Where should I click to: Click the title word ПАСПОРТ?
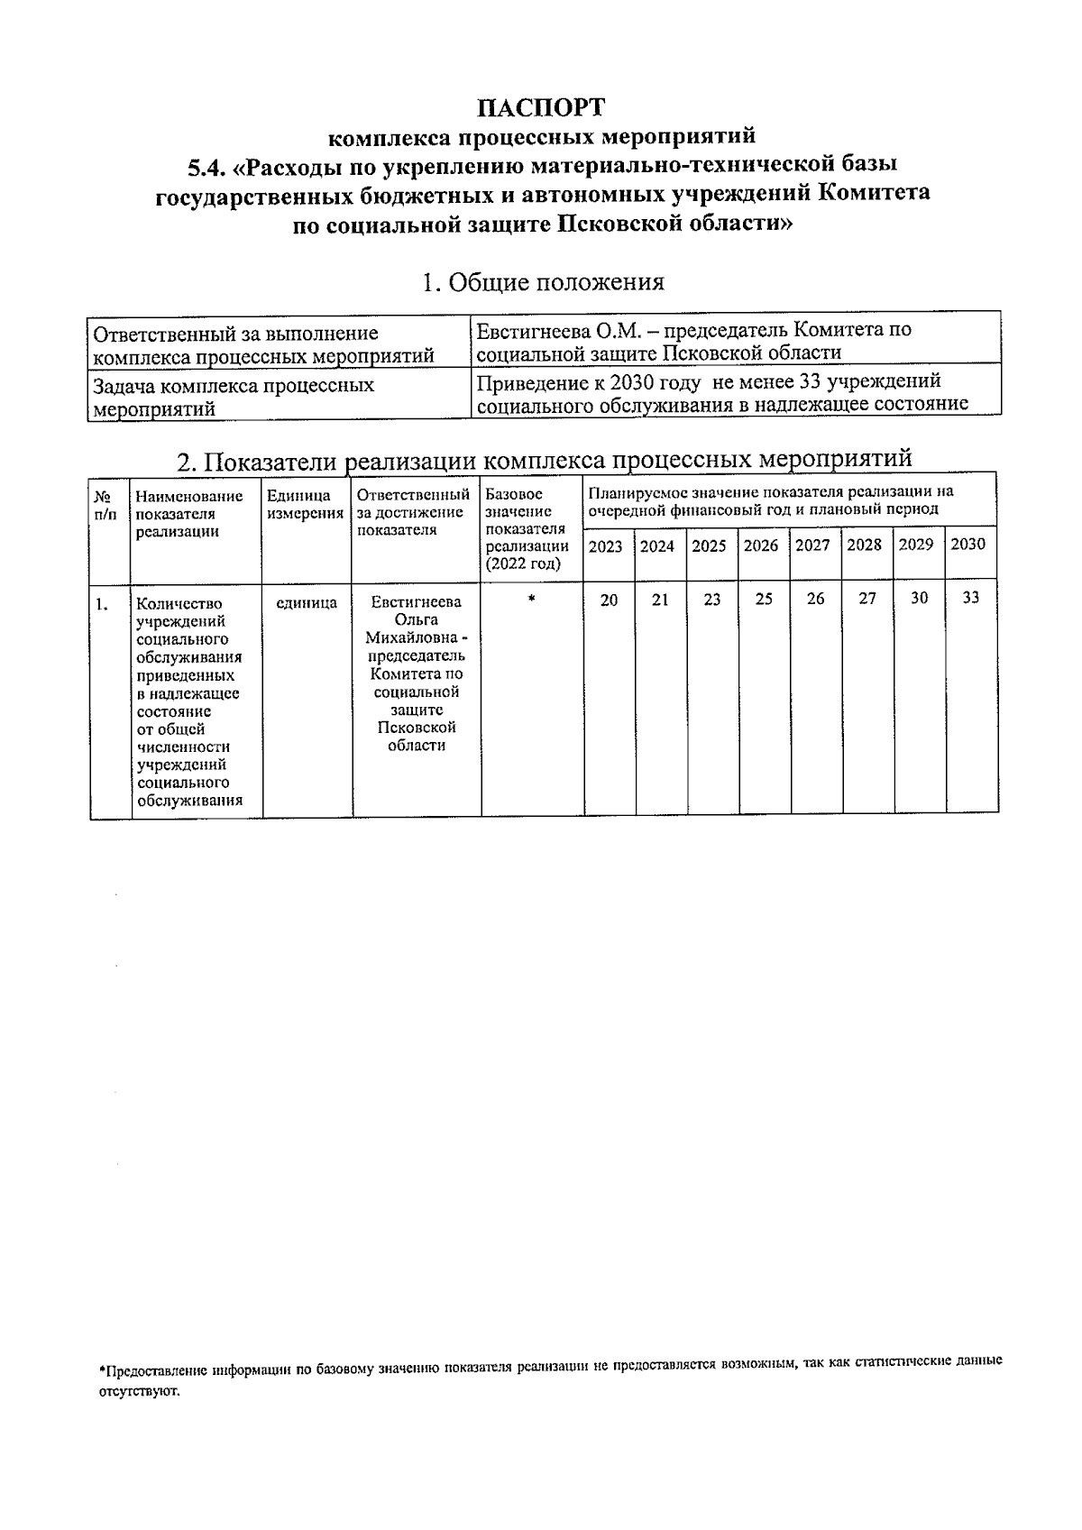[x=541, y=107]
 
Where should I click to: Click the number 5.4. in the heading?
[x=206, y=167]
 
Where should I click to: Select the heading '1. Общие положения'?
[x=543, y=282]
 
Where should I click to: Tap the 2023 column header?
[x=605, y=546]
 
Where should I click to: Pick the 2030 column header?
[x=968, y=545]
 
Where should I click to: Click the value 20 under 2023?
[x=609, y=600]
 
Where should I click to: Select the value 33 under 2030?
[x=970, y=598]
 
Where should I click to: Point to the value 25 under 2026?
[x=764, y=599]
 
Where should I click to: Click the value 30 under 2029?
[x=919, y=598]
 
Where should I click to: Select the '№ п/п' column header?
[x=105, y=505]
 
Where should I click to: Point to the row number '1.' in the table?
[x=102, y=604]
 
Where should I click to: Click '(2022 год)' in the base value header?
[x=522, y=563]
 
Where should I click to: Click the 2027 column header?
[x=812, y=545]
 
